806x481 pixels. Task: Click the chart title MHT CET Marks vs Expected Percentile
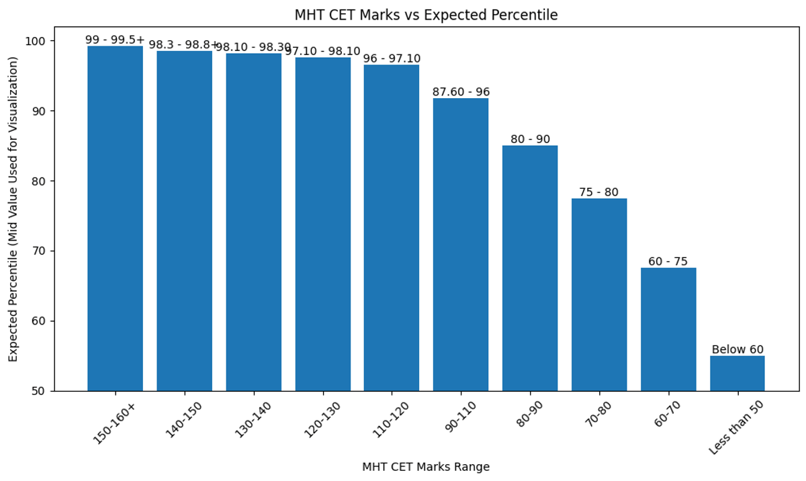(426, 15)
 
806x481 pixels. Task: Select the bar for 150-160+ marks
(115, 218)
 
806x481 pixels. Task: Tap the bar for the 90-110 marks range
(461, 245)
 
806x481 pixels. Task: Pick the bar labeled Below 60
(737, 374)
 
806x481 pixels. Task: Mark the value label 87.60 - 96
(461, 92)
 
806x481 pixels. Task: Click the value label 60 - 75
(668, 261)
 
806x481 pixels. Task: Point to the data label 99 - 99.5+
(115, 40)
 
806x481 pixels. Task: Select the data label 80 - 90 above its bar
(530, 139)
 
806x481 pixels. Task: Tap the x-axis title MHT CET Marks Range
(426, 467)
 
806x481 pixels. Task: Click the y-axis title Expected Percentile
(13, 209)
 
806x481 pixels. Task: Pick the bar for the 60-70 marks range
(668, 329)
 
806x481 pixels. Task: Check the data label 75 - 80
(599, 192)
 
